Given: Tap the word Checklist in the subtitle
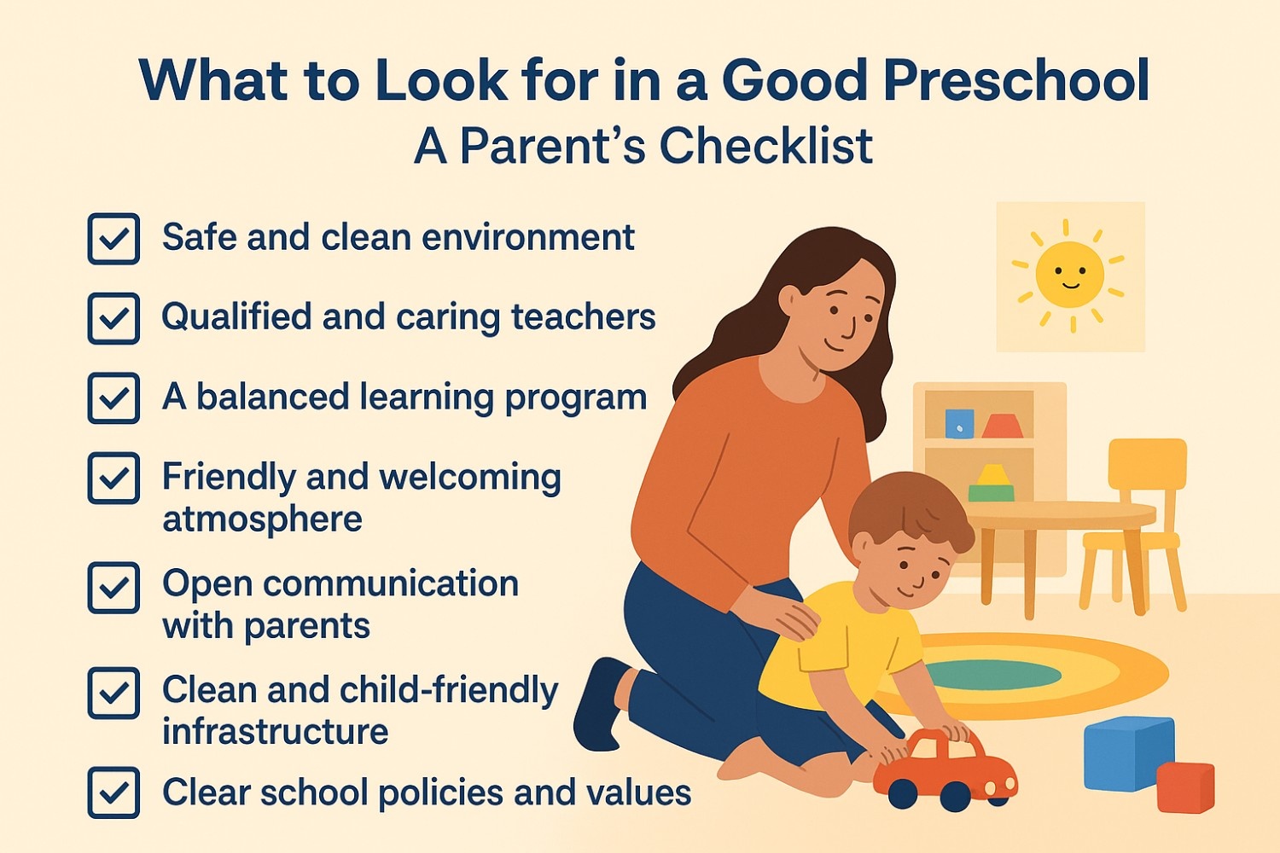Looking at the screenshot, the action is (x=766, y=146).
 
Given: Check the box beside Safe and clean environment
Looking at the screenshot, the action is (x=113, y=238).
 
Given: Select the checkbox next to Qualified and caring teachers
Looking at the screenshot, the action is (x=113, y=318).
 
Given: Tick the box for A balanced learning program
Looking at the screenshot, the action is (x=113, y=397).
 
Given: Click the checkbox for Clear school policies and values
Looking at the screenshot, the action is (x=113, y=792).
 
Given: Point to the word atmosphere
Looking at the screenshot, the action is (x=262, y=519).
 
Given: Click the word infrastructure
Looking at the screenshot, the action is (x=276, y=731).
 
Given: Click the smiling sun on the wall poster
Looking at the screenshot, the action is (x=1070, y=275).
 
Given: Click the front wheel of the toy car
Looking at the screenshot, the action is (x=903, y=793).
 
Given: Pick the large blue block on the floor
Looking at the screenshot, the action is (x=1128, y=753).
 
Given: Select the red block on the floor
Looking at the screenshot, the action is (x=1185, y=786).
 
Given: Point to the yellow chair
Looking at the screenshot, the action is (x=1134, y=525).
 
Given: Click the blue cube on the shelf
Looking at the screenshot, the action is (x=959, y=423).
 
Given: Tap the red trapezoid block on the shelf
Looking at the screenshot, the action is (x=1003, y=426).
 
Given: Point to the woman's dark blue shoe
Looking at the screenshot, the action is (x=600, y=704).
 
